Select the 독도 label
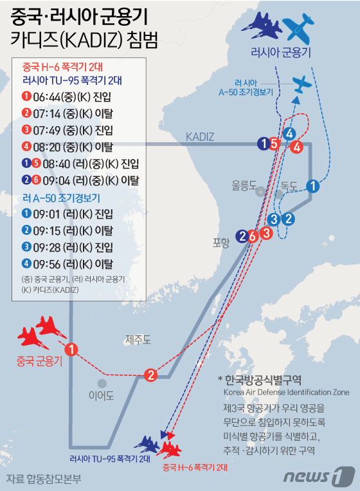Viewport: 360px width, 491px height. [x=289, y=185]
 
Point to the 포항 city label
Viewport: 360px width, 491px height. [x=221, y=243]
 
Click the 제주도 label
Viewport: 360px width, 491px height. [x=138, y=339]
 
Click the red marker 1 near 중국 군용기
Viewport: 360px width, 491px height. [x=72, y=349]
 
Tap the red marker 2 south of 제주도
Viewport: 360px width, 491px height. [x=151, y=375]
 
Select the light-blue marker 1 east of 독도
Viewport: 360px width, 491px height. [x=312, y=187]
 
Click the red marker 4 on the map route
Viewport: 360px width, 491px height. [x=296, y=146]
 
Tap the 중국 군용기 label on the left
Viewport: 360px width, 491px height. [x=39, y=362]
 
